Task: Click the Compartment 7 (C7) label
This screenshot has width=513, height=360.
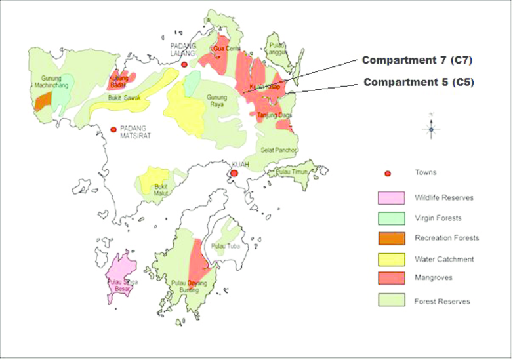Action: point(417,60)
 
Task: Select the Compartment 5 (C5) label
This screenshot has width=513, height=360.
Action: point(418,82)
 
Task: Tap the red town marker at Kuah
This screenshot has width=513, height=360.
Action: point(234,173)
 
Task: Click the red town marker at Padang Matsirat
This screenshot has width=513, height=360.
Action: point(114,130)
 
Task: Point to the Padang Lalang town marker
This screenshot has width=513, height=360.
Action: point(184,64)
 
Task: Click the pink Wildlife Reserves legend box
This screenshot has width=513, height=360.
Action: point(391,197)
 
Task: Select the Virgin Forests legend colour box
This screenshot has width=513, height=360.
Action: point(391,218)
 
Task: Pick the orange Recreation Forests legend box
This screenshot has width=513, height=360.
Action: point(391,238)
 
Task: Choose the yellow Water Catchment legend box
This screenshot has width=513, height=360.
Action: point(391,258)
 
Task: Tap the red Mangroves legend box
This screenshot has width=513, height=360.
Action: point(391,278)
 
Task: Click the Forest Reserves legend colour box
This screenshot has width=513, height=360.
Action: point(391,300)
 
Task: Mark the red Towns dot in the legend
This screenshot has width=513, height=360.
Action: point(388,174)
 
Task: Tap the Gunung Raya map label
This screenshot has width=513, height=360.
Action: point(216,101)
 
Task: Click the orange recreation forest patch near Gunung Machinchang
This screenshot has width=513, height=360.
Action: point(43,101)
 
